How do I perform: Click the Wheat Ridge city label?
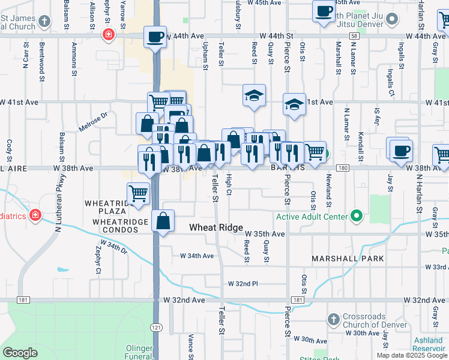(x=216, y=228)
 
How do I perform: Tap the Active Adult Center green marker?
(x=356, y=215)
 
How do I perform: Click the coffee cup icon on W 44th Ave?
(x=155, y=37)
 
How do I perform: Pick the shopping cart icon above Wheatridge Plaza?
(x=139, y=194)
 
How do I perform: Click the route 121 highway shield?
(x=155, y=327)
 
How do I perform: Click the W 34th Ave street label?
(x=197, y=256)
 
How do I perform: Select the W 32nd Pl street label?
(x=243, y=283)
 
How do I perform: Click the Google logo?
(x=20, y=352)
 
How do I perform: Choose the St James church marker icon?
(x=44, y=22)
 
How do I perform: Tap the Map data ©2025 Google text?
(x=411, y=355)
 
